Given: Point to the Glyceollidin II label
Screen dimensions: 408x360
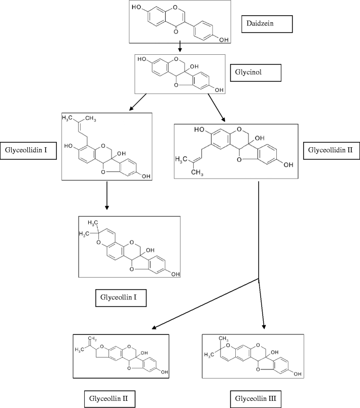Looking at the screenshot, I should click(x=330, y=150).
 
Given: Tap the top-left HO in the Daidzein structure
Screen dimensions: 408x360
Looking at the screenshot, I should click(x=136, y=8).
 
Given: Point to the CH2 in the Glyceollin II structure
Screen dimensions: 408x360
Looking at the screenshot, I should click(x=91, y=337).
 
